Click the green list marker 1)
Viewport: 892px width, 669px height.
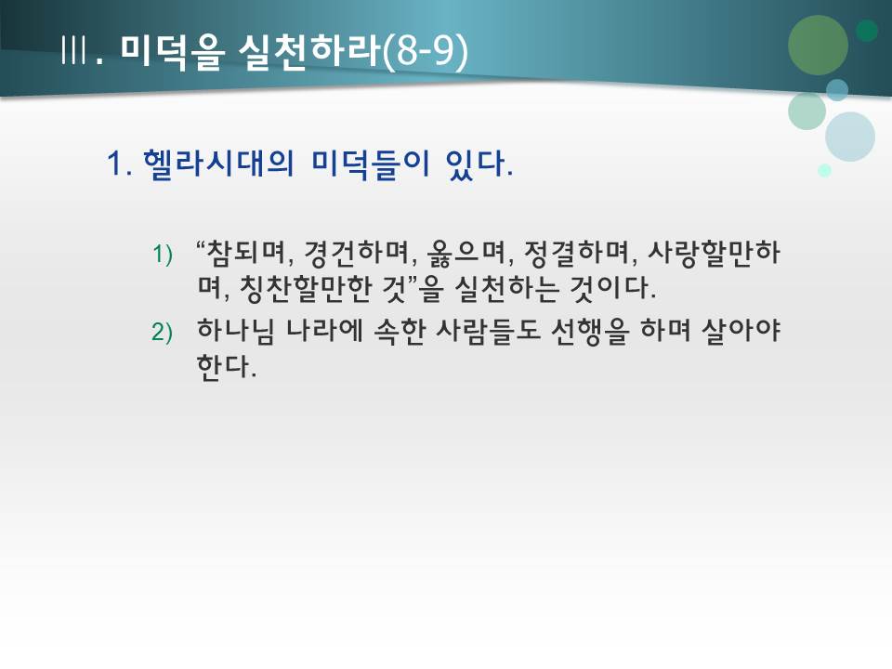[x=163, y=255]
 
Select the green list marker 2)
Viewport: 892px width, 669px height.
[x=163, y=333]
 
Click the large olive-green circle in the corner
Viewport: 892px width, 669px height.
[x=818, y=45]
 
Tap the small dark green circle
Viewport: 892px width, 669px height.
[x=867, y=32]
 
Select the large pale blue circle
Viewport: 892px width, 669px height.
[x=849, y=137]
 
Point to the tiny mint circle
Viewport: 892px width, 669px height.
[x=824, y=170]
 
